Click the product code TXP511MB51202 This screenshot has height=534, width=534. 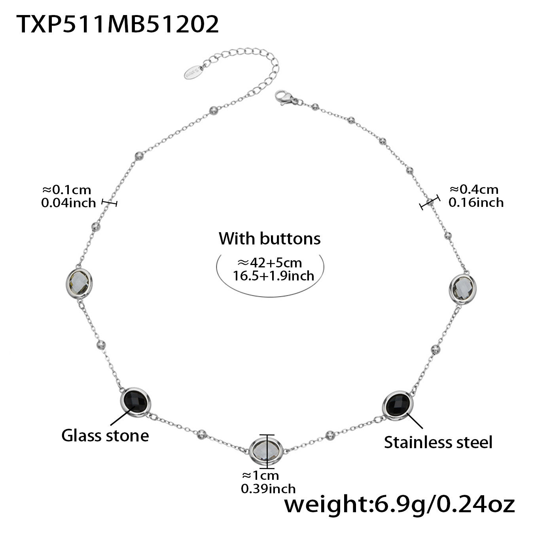coord(117,25)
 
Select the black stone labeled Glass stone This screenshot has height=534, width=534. coord(135,401)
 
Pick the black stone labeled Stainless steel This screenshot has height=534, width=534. coord(398,403)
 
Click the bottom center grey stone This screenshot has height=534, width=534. coord(267,451)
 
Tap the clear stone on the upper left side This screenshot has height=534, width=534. coord(79,283)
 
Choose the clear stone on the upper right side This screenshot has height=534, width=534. coord(462,288)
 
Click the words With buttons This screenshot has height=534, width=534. coord(269,239)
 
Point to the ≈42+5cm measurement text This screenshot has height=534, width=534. coord(269,263)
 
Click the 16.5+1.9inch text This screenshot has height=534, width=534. coord(273,276)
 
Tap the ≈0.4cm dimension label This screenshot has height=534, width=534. coord(474,189)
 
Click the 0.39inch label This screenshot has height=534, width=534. coord(268,489)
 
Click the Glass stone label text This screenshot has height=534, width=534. coord(105,436)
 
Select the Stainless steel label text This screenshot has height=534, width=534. coord(438,442)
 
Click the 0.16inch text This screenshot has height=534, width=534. coord(476,203)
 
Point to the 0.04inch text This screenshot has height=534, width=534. coord(68,203)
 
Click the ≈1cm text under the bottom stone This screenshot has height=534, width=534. coord(260,475)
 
